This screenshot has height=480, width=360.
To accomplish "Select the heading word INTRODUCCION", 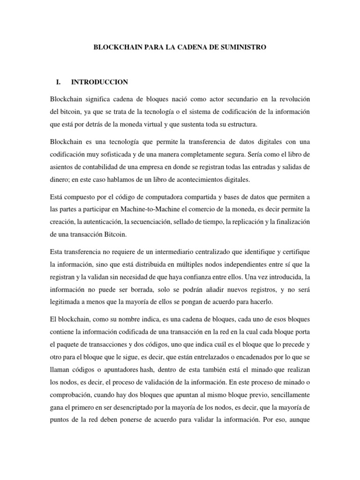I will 99,82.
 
